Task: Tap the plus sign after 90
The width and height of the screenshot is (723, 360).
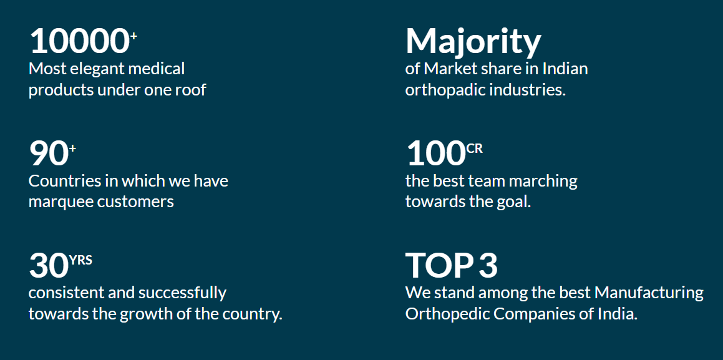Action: point(72,147)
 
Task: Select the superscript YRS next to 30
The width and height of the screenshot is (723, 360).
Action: point(80,260)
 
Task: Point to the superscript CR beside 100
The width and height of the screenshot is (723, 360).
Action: point(475,148)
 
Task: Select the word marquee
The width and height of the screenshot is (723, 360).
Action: point(59,202)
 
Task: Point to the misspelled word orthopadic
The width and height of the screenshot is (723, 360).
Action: point(445,90)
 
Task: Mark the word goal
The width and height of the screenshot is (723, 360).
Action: point(514,202)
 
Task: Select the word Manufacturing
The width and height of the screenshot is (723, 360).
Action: point(649,293)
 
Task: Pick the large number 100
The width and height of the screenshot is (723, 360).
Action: point(436,153)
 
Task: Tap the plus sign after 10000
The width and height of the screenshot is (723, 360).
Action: point(133,36)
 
